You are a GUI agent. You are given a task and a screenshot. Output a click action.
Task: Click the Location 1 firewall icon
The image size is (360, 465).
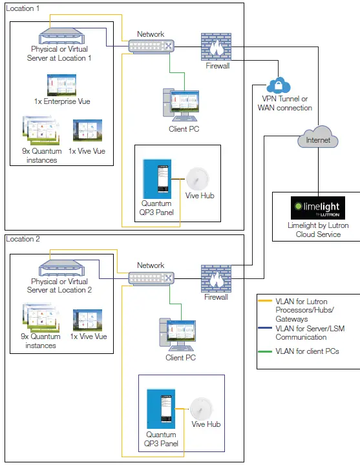tap(216, 46)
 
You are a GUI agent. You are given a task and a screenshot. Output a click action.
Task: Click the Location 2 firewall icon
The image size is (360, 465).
tap(215, 278)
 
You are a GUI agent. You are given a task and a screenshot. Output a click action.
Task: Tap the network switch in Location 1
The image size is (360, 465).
tap(151, 46)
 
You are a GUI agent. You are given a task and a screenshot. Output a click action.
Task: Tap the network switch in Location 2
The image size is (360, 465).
tap(151, 278)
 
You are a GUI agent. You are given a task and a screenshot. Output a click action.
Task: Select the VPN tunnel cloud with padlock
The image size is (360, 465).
tap(279, 85)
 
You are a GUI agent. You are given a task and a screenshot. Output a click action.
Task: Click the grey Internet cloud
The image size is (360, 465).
tap(318, 139)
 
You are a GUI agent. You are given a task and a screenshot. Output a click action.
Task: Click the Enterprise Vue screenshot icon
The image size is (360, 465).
tap(62, 85)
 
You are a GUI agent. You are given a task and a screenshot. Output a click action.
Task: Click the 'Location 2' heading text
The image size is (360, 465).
tap(23, 239)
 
